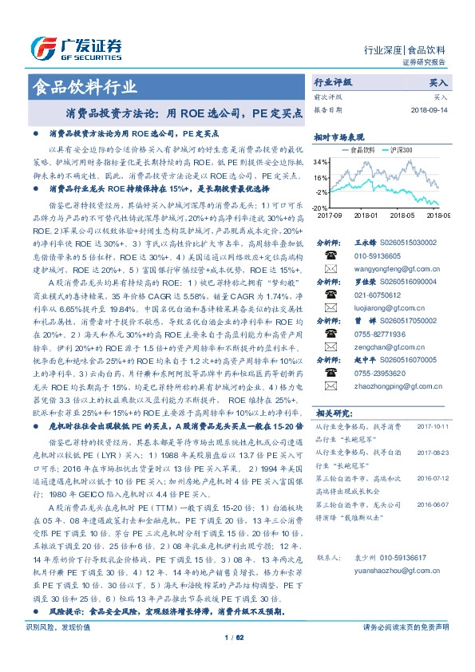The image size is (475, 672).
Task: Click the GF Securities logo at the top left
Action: click(x=77, y=47)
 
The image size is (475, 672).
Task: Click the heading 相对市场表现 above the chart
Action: click(x=338, y=136)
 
